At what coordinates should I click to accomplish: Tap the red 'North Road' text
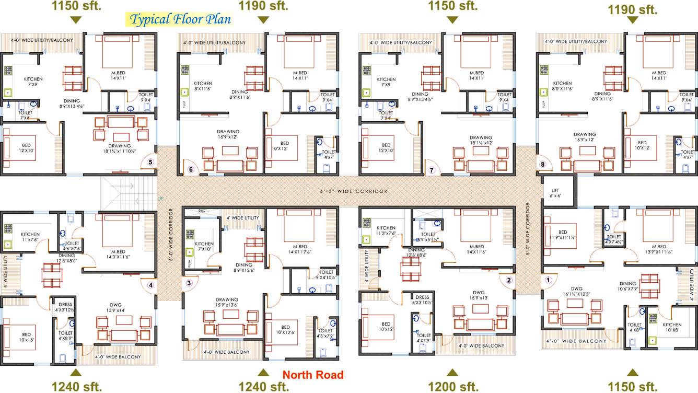pyautogui.click(x=313, y=375)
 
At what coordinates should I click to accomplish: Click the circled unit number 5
pyautogui.click(x=150, y=162)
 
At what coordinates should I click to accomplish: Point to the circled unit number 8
pyautogui.click(x=542, y=164)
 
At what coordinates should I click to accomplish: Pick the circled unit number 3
pyautogui.click(x=190, y=283)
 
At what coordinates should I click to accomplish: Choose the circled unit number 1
pyautogui.click(x=548, y=280)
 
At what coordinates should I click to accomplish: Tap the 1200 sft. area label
pyautogui.click(x=453, y=387)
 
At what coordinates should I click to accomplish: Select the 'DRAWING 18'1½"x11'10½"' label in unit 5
pyautogui.click(x=120, y=148)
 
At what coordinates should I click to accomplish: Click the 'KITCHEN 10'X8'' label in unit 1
pyautogui.click(x=672, y=327)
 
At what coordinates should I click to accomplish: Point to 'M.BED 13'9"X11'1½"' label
pyautogui.click(x=655, y=249)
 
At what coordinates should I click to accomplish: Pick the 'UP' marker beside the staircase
pyautogui.click(x=160, y=199)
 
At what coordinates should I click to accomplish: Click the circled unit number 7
pyautogui.click(x=432, y=170)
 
